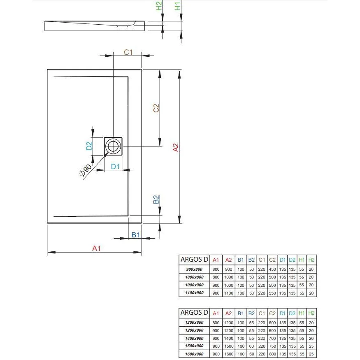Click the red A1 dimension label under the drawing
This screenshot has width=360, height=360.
96,248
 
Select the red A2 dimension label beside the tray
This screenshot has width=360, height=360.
176,148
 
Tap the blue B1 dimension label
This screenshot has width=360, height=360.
135,235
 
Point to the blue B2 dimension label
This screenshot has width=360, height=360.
156,199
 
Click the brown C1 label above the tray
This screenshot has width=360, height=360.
128,52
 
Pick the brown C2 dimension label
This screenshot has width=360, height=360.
156,108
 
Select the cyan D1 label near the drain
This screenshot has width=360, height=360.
115,167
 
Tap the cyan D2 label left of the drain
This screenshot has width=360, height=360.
89,146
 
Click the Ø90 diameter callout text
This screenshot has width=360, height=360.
86,170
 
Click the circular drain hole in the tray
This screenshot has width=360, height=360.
113,146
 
